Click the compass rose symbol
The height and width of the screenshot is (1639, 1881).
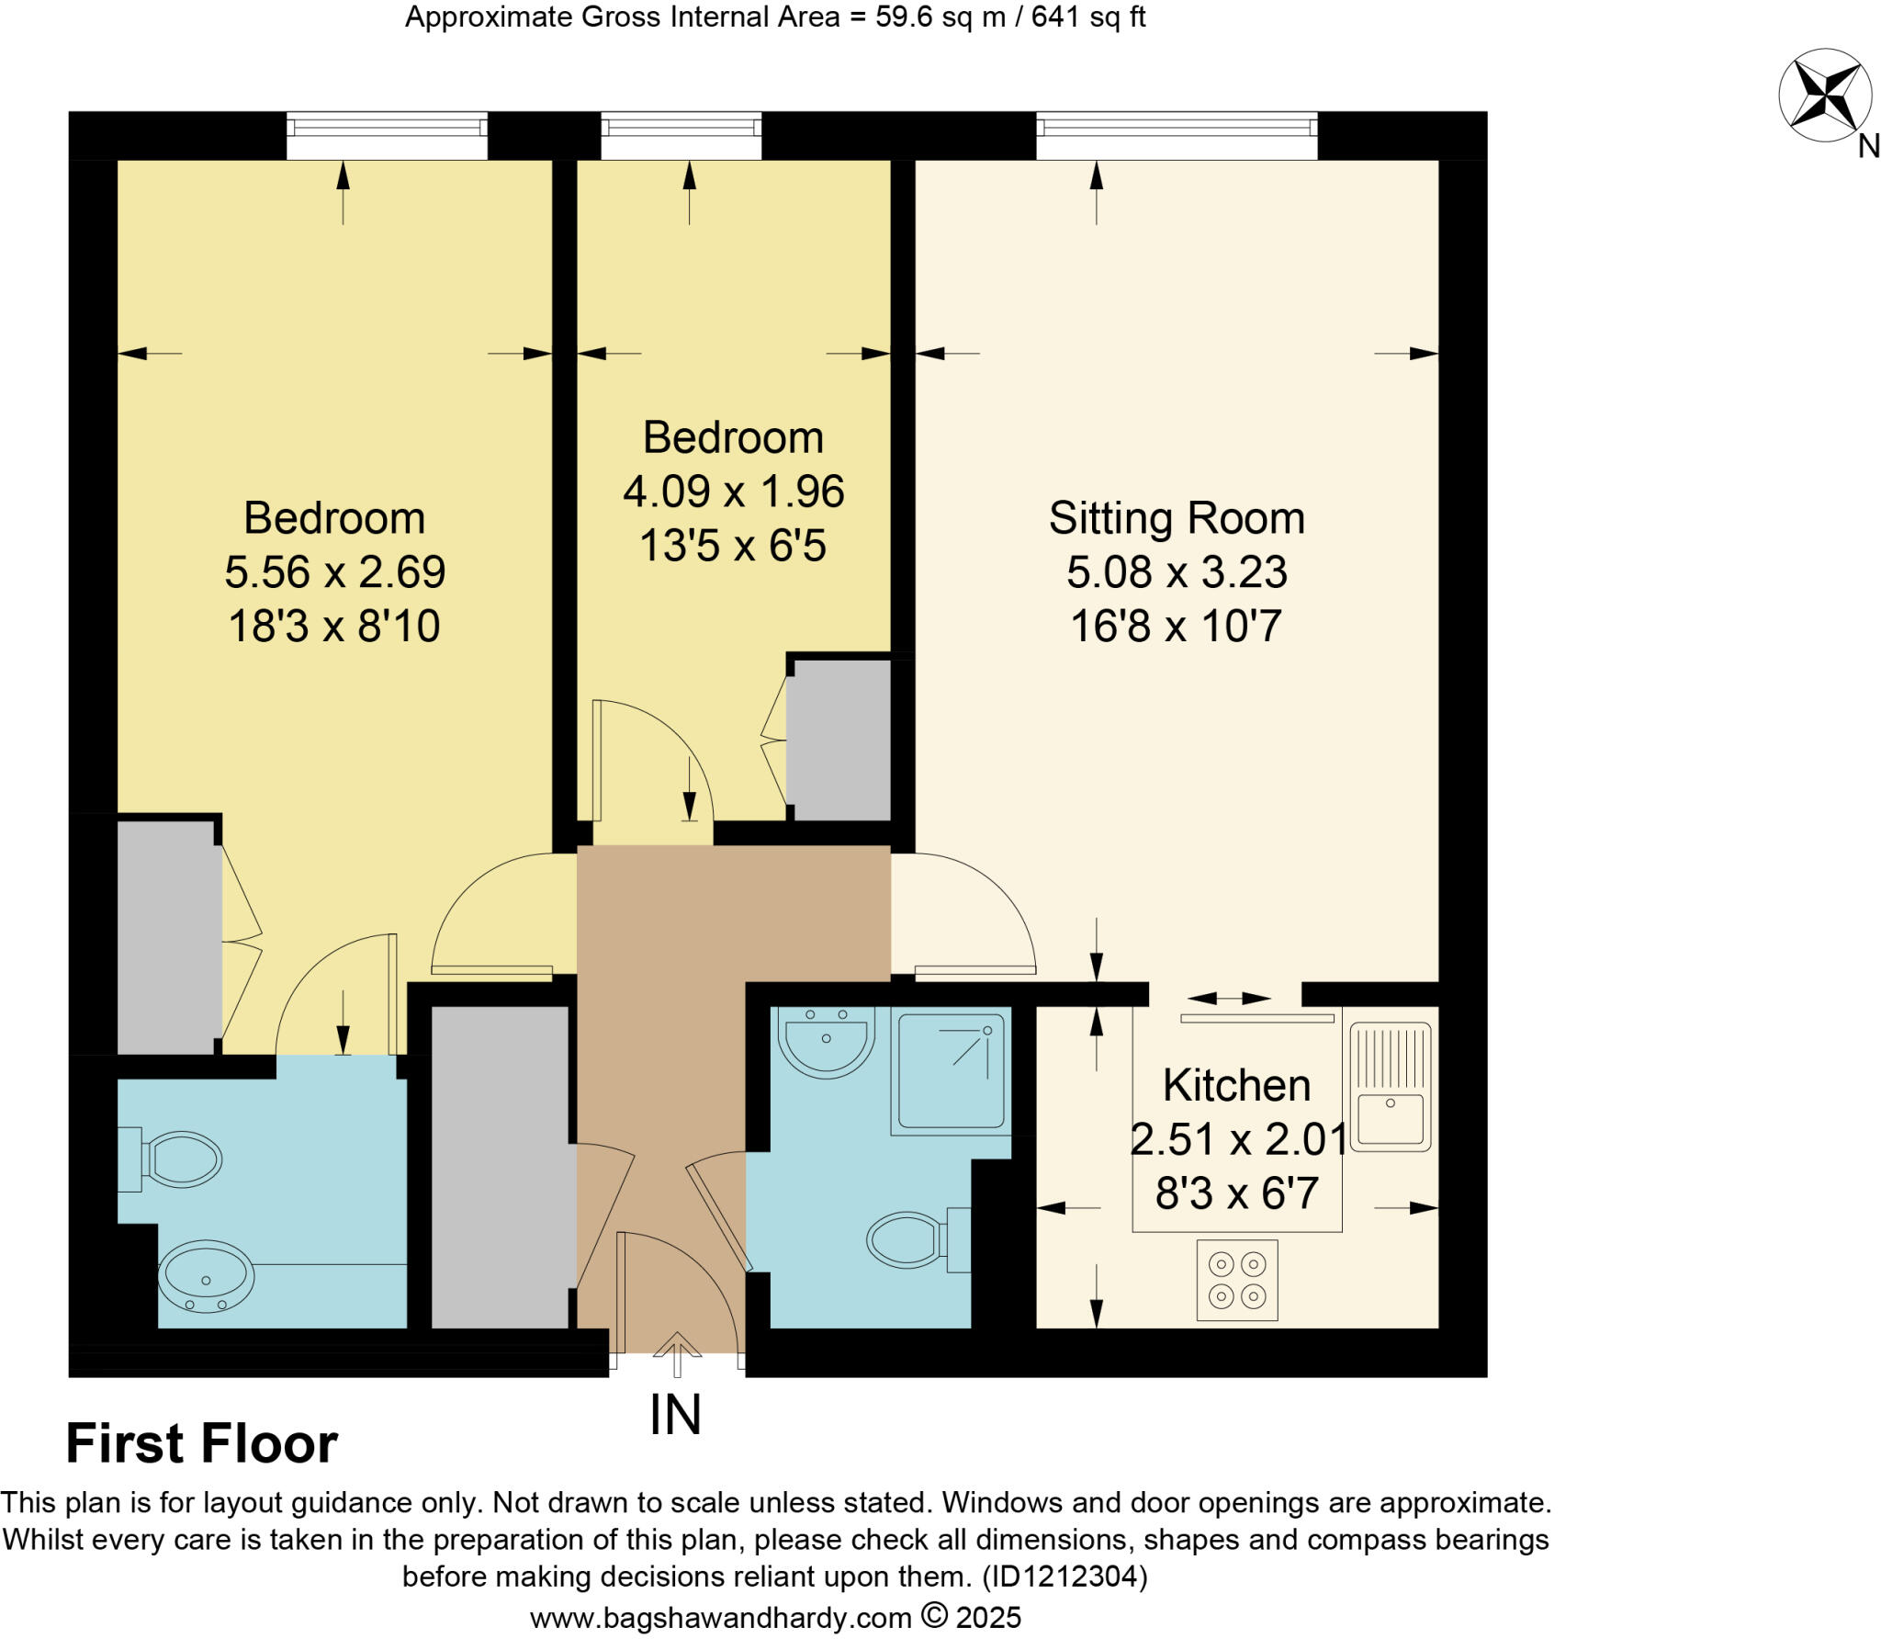1824,96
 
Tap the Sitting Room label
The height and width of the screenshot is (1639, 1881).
1177,519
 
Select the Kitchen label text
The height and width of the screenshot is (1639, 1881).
1236,1086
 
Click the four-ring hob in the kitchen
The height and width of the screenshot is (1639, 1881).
1237,1281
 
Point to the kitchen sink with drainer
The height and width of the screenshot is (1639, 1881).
1391,1088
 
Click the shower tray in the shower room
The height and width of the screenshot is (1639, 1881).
951,1070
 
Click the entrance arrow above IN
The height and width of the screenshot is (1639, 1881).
677,1354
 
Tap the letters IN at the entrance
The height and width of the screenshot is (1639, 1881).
675,1416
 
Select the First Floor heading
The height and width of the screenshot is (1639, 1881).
202,1443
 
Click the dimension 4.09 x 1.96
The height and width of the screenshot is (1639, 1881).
733,492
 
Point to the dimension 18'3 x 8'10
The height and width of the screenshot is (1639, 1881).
334,627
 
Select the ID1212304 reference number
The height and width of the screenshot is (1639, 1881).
1064,1577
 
